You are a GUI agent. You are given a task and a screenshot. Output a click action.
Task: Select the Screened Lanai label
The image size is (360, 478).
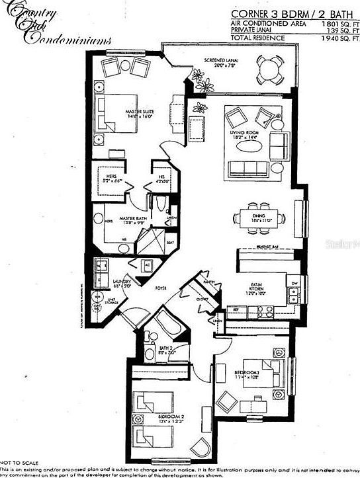click(221, 61)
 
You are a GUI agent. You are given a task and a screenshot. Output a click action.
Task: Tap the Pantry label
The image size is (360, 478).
click(210, 282)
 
